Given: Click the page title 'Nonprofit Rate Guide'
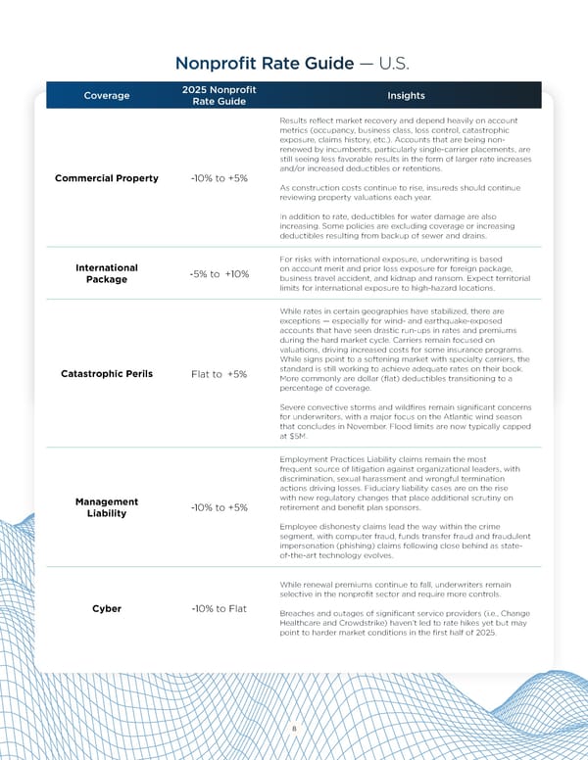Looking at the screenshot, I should pyautogui.click(x=264, y=64).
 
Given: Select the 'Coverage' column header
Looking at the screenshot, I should pyautogui.click(x=106, y=96).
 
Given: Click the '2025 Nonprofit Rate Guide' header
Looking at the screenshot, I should pyautogui.click(x=219, y=96).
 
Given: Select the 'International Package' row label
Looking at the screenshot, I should pyautogui.click(x=106, y=272).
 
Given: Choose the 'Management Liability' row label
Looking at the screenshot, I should pyautogui.click(x=106, y=507).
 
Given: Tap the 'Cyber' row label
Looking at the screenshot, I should pyautogui.click(x=107, y=608).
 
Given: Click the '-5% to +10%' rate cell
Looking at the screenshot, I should pyautogui.click(x=219, y=273).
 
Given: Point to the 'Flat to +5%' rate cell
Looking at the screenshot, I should pyautogui.click(x=219, y=374).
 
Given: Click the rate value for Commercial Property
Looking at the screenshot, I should pyautogui.click(x=219, y=178).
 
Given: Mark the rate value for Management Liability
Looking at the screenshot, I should pyautogui.click(x=219, y=507).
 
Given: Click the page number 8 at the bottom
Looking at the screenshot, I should pyautogui.click(x=294, y=729).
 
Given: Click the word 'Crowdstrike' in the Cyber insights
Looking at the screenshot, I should pyautogui.click(x=373, y=624).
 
